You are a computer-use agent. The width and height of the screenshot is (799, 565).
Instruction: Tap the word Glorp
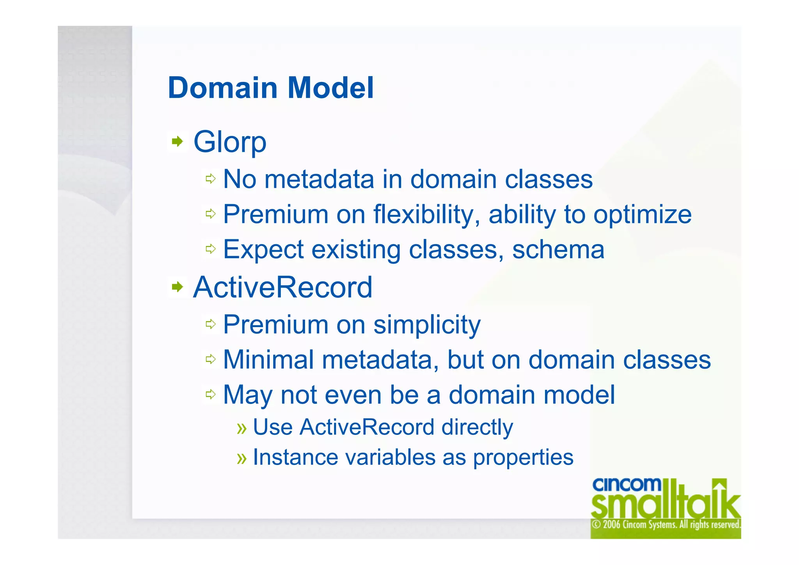[x=230, y=143]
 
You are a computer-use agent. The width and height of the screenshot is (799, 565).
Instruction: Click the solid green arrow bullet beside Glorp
[x=178, y=141]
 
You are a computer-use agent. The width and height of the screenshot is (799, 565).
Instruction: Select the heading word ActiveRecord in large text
[x=283, y=287]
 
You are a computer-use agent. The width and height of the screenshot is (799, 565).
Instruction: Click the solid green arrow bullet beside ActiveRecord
[x=178, y=287]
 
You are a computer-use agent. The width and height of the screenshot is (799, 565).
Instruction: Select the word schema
[x=558, y=250]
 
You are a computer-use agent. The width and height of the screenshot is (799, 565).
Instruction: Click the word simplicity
[x=427, y=325]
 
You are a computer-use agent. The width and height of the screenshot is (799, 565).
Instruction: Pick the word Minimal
[x=268, y=360]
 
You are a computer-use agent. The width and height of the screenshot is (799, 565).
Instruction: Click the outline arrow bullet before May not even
[x=211, y=394]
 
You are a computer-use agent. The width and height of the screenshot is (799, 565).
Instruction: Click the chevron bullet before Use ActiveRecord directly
[x=242, y=428]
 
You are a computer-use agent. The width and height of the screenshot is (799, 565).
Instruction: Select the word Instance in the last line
[x=295, y=457]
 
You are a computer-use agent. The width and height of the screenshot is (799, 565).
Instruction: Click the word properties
[x=523, y=458]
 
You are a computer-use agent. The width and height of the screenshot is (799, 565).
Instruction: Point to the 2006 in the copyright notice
[x=612, y=524]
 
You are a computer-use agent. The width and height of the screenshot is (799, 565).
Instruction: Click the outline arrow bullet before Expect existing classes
[x=211, y=249]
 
